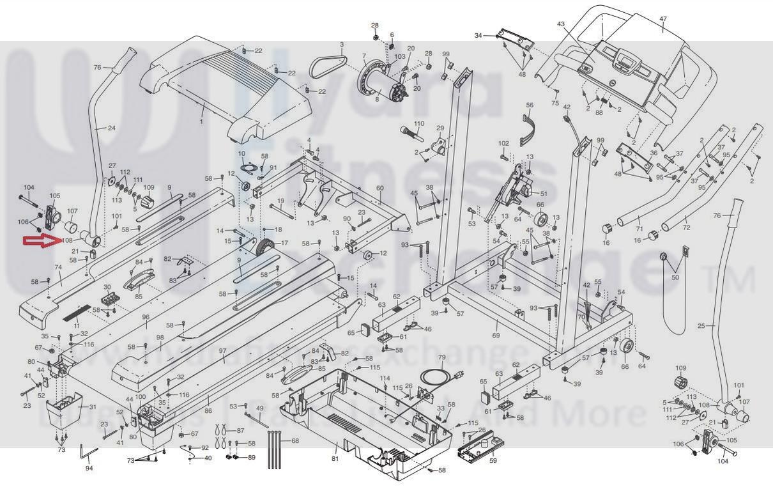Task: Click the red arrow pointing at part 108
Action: pyautogui.click(x=42, y=241)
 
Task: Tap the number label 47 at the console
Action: pyautogui.click(x=662, y=19)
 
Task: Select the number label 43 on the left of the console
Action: pyautogui.click(x=561, y=24)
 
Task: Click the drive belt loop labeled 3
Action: pyautogui.click(x=328, y=63)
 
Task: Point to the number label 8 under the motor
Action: pyautogui.click(x=377, y=98)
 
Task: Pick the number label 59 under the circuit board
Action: pyautogui.click(x=493, y=460)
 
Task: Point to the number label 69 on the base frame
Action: pyautogui.click(x=496, y=335)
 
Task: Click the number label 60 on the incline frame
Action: pyautogui.click(x=379, y=188)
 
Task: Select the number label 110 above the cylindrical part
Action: pyautogui.click(x=419, y=123)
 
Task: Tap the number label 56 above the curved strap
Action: pyautogui.click(x=529, y=105)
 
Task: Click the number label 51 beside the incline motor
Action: pyautogui.click(x=544, y=194)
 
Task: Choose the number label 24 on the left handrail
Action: pyautogui.click(x=112, y=128)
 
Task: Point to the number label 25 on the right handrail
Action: pyautogui.click(x=701, y=326)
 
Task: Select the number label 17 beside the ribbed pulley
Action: pyautogui.click(x=284, y=243)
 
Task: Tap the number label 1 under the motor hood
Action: pyautogui.click(x=201, y=121)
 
